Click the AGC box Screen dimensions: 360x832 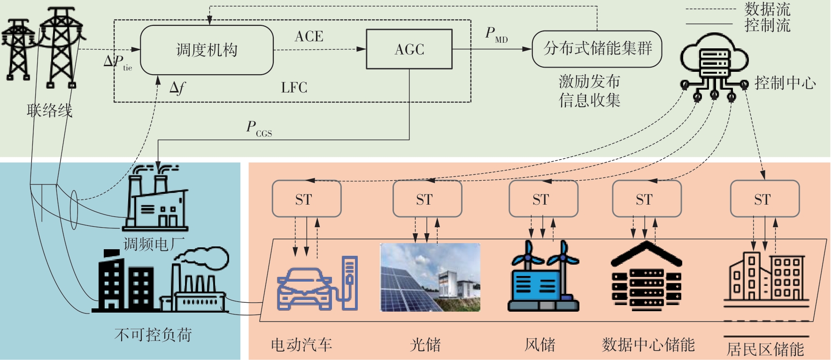click(x=409, y=49)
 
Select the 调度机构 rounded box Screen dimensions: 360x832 click(x=207, y=50)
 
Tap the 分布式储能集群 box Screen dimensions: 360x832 click(x=597, y=49)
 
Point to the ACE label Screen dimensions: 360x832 click(x=309, y=37)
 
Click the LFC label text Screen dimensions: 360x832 click(x=294, y=88)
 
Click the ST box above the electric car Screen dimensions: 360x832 click(x=306, y=199)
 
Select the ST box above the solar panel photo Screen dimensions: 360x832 click(x=427, y=199)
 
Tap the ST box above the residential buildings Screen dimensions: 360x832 click(x=764, y=199)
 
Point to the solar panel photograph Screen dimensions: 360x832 click(x=430, y=277)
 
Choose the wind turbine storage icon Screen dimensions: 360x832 click(x=543, y=277)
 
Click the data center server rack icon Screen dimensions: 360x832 click(x=646, y=277)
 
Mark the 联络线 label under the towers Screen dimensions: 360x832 click(x=49, y=111)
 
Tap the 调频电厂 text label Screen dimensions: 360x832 click(x=154, y=244)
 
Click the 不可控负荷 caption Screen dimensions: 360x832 click(x=153, y=335)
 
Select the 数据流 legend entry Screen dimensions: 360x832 click(x=767, y=9)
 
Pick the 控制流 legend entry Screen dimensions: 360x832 click(x=767, y=25)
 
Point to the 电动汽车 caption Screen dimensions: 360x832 click(x=301, y=345)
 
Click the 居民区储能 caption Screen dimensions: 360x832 click(x=765, y=349)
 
